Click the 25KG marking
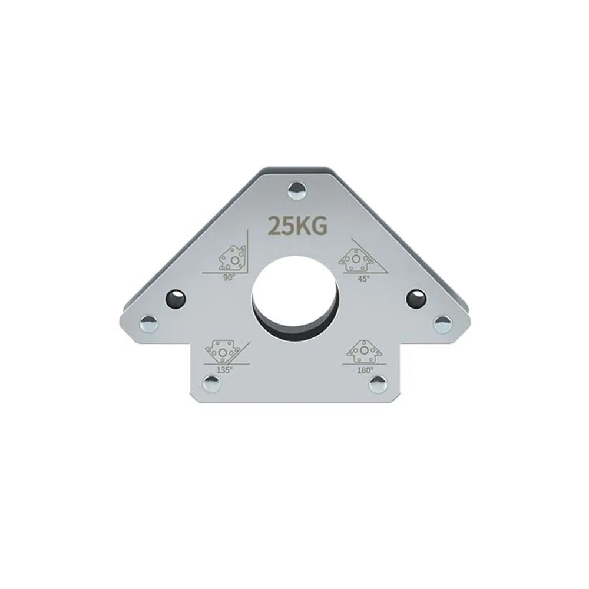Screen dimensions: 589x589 (x=296, y=226)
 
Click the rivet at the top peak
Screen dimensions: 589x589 (x=298, y=190)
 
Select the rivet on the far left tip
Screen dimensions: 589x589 (x=149, y=323)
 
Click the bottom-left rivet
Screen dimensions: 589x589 (x=211, y=384)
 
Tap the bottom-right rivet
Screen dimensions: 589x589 (x=377, y=384)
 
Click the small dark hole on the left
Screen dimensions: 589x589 (x=176, y=298)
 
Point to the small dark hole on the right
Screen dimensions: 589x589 (x=416, y=298)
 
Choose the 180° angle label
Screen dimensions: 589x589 (x=365, y=370)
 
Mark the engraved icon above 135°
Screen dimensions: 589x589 (x=221, y=352)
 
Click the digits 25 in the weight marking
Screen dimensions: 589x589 (x=280, y=226)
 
